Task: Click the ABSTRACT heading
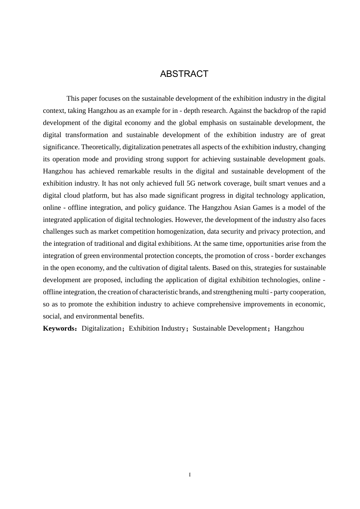(184, 74)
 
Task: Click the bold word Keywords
(59, 328)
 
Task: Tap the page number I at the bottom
(190, 475)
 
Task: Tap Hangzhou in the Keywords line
(289, 328)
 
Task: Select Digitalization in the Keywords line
(101, 328)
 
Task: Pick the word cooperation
(307, 292)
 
